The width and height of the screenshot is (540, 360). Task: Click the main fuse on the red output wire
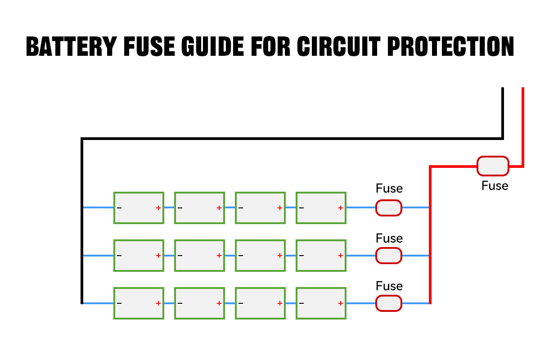click(x=493, y=166)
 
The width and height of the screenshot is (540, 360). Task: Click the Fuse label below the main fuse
click(x=495, y=186)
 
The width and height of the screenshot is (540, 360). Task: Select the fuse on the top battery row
click(x=389, y=208)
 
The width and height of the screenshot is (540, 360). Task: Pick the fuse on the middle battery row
click(x=389, y=256)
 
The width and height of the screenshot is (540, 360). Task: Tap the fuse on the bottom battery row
click(x=389, y=303)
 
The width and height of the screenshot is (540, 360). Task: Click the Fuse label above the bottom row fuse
click(x=389, y=286)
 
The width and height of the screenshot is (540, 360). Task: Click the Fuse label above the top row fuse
click(x=389, y=189)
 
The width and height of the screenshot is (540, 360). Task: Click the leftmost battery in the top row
click(x=139, y=208)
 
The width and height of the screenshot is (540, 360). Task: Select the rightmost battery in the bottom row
click(x=321, y=303)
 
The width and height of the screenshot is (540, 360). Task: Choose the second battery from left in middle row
click(x=199, y=256)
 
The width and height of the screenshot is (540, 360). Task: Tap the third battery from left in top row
click(x=260, y=208)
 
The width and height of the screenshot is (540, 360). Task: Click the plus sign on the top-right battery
click(x=340, y=208)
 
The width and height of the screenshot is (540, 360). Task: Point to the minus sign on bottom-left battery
click(x=119, y=303)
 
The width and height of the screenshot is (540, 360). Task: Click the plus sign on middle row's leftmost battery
click(x=158, y=256)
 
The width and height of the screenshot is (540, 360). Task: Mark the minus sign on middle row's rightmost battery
click(x=301, y=256)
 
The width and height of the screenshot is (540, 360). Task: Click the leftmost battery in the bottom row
click(x=139, y=303)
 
